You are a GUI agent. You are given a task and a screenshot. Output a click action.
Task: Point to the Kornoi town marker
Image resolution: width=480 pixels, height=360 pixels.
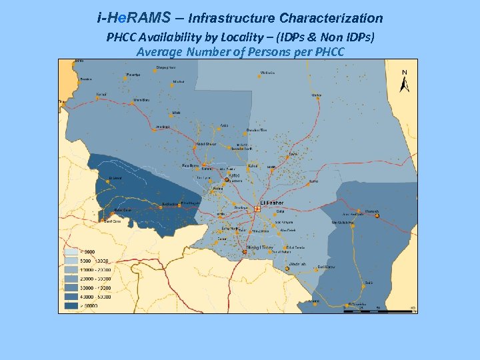click(98, 99)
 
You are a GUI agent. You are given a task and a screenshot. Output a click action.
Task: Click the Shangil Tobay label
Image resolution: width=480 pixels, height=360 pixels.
click(261, 247)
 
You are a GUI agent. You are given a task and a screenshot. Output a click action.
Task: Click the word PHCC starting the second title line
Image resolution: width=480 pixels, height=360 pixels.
click(121, 37)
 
